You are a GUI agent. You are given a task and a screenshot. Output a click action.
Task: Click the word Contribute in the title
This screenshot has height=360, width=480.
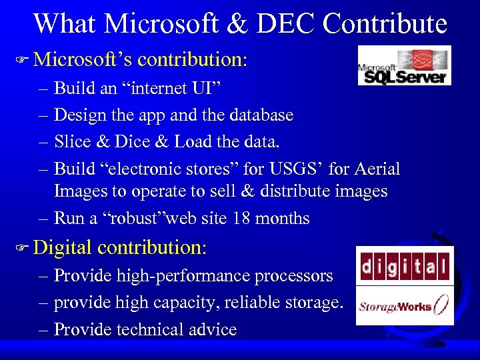coord(385,23)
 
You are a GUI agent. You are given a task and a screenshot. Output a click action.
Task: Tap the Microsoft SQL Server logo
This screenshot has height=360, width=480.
coord(404,65)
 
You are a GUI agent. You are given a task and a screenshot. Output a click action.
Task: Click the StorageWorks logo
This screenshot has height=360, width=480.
coord(405,306)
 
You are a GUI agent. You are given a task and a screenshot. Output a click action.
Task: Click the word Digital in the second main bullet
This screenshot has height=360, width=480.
coord(62,248)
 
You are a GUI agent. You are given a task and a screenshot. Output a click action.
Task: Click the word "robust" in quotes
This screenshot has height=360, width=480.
coord(133,219)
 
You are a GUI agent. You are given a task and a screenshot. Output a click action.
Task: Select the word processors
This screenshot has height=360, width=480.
coord(291,276)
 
